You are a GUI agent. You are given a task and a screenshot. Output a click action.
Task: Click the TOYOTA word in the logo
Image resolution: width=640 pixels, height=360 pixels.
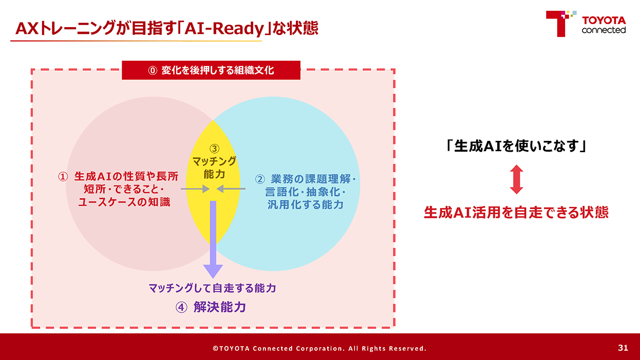point(604,20)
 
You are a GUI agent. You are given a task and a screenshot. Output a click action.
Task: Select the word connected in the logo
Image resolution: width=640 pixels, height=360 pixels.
point(604,30)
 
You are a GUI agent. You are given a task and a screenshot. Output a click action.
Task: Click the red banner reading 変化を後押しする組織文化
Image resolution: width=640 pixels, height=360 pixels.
point(211,70)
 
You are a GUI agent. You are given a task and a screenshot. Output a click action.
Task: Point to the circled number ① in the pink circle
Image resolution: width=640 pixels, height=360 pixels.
point(63,177)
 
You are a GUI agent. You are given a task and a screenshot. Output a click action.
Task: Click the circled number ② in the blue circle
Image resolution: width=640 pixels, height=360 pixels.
point(260,179)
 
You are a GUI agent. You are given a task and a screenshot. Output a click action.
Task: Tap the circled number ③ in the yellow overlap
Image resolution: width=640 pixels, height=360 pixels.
point(214,149)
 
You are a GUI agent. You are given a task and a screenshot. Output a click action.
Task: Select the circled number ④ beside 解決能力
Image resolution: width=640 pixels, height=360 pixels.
point(181,307)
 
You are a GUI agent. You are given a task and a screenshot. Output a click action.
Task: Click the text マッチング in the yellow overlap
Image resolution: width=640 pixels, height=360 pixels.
point(214,162)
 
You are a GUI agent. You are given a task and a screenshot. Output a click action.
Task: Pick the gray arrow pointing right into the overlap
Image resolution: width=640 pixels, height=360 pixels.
point(195,189)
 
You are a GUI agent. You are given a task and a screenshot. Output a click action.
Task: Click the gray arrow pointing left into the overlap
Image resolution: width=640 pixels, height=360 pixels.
point(231,189)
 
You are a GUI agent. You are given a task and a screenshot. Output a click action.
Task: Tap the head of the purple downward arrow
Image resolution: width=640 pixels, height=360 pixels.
point(213,271)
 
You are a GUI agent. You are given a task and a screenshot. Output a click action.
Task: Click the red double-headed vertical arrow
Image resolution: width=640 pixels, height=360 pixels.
point(516,179)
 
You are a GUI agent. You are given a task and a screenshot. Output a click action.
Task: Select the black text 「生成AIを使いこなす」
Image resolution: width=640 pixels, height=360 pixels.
point(516,146)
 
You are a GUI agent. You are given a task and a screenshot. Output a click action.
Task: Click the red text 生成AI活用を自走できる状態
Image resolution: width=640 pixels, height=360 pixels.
point(516,213)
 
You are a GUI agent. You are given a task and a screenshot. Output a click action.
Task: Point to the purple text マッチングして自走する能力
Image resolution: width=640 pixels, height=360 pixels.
point(212,288)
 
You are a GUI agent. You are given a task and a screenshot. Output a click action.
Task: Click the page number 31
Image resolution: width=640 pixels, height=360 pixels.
point(623,348)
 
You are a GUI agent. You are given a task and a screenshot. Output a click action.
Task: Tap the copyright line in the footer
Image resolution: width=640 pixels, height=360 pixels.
point(320,348)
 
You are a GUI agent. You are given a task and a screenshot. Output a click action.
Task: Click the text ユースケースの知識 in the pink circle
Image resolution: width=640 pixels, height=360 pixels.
point(124,202)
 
